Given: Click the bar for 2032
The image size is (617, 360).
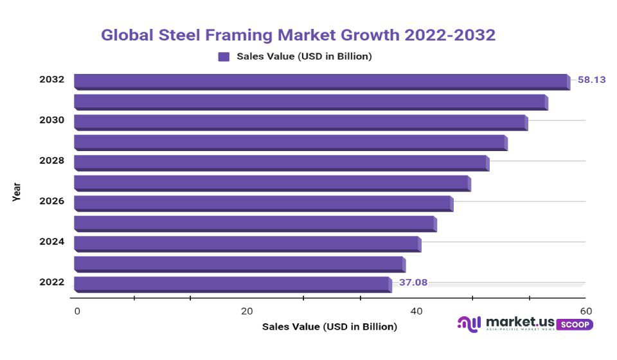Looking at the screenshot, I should click(x=321, y=82).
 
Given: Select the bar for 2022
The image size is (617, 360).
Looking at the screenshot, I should click(x=232, y=284).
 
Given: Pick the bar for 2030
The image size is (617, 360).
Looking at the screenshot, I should click(x=300, y=122).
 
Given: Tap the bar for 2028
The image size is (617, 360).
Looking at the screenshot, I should click(x=281, y=163).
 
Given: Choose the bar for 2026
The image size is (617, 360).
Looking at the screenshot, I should click(x=263, y=203).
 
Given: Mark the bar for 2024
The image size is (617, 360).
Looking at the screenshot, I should click(x=247, y=244).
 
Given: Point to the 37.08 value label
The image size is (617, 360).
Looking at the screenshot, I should click(x=413, y=282).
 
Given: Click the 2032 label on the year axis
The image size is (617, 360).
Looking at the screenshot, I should click(x=51, y=80).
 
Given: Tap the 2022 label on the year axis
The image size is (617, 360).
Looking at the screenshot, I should click(x=51, y=282).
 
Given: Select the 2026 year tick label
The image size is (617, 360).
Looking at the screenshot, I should click(x=51, y=201).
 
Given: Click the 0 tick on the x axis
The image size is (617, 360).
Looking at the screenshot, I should click(x=77, y=311).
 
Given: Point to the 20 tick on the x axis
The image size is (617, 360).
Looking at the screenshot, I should click(x=247, y=311).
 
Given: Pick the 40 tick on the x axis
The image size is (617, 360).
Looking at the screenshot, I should click(x=416, y=311).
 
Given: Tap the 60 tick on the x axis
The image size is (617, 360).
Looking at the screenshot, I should click(x=586, y=311).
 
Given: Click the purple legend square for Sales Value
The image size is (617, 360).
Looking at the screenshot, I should click(x=224, y=57).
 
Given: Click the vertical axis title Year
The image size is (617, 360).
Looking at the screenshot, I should click(x=17, y=192).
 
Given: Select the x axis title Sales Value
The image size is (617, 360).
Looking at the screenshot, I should click(x=329, y=327).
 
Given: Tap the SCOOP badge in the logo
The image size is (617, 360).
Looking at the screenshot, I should click(x=574, y=325).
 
